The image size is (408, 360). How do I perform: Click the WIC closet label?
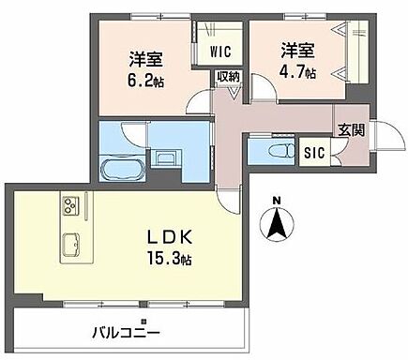[x=221, y=51]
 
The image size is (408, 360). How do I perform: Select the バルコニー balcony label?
[x=126, y=332]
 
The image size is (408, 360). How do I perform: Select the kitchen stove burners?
[x=71, y=204]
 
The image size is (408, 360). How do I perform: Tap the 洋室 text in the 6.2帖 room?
[x=145, y=57]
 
